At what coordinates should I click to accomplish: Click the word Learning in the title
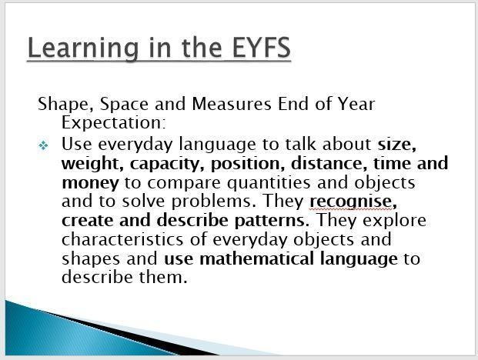[83, 48]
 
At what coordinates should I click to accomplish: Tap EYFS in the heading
[262, 47]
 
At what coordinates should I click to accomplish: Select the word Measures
[232, 104]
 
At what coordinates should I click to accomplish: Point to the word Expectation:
[114, 122]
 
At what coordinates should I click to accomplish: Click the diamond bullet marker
[43, 145]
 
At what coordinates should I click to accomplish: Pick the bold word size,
[397, 145]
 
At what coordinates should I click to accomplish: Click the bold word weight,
[92, 164]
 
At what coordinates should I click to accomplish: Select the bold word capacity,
[167, 164]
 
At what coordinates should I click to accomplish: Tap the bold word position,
[248, 164]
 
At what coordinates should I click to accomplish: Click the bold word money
[90, 183]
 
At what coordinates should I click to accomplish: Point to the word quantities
[269, 183]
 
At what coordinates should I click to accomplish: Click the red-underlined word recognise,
[353, 202]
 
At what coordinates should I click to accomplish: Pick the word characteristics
[122, 239]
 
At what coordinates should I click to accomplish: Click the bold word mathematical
[256, 258]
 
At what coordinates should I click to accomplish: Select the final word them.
[163, 277]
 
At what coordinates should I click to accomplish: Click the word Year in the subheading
[356, 104]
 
